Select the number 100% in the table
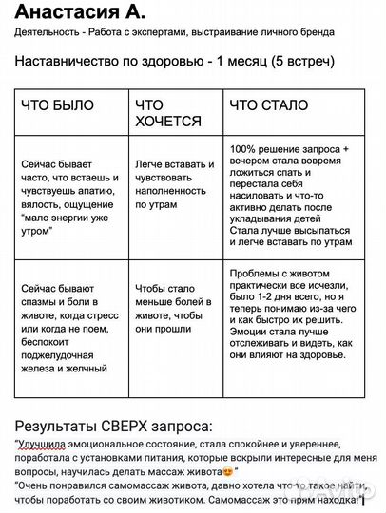(x=244, y=151)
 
